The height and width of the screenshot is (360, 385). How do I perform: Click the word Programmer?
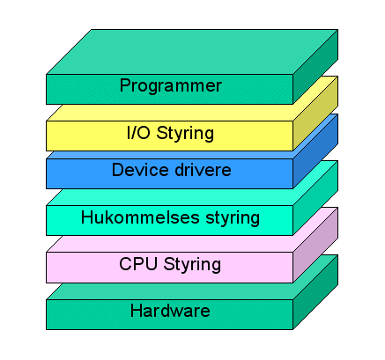pos(170,86)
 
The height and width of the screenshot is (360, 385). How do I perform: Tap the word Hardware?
pos(170,311)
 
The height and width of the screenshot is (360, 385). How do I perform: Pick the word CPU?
pos(138,264)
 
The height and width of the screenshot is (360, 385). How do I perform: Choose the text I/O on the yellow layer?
pos(138,133)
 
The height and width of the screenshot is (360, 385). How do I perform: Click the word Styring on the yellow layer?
pos(185,134)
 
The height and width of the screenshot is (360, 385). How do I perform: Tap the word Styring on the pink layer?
pos(192,265)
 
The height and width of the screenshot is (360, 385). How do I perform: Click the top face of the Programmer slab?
pos(192,52)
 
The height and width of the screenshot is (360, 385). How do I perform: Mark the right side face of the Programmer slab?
pos(315,67)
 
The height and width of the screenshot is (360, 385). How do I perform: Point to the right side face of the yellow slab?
pos(315,114)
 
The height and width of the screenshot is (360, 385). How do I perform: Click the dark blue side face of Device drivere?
pos(315,151)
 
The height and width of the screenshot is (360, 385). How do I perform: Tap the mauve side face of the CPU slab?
pos(315,245)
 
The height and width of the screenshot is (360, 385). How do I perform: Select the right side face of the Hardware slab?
pos(315,292)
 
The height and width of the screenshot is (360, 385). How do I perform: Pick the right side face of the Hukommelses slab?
pos(315,198)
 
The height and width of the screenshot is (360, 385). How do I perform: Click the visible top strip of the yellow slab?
pos(170,113)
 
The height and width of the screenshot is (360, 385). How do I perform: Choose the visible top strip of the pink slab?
pos(170,244)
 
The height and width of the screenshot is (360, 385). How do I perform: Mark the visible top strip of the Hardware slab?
pos(170,291)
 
